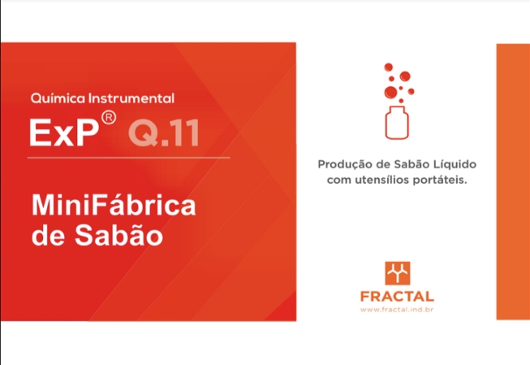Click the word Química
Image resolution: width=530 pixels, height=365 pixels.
pyautogui.click(x=58, y=98)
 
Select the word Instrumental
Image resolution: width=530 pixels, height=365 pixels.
pyautogui.click(x=131, y=98)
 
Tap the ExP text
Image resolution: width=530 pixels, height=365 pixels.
pyautogui.click(x=64, y=133)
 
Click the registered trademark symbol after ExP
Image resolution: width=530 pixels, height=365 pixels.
pyautogui.click(x=109, y=118)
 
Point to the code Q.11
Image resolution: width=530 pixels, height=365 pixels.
pyautogui.click(x=164, y=133)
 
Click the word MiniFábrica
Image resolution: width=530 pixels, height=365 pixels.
pyautogui.click(x=114, y=206)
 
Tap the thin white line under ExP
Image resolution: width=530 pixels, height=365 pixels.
pyautogui.click(x=129, y=158)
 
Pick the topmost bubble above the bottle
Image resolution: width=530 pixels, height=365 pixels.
pyautogui.click(x=389, y=67)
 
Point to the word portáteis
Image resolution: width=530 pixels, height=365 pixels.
pyautogui.click(x=440, y=180)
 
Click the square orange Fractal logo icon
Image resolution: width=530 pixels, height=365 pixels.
pyautogui.click(x=398, y=273)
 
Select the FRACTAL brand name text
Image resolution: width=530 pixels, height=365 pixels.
pyautogui.click(x=397, y=297)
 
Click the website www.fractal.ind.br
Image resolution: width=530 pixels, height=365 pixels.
pyautogui.click(x=397, y=310)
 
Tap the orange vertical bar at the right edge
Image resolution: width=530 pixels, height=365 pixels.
pyautogui.click(x=513, y=181)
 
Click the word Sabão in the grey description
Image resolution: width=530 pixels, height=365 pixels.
pyautogui.click(x=412, y=164)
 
